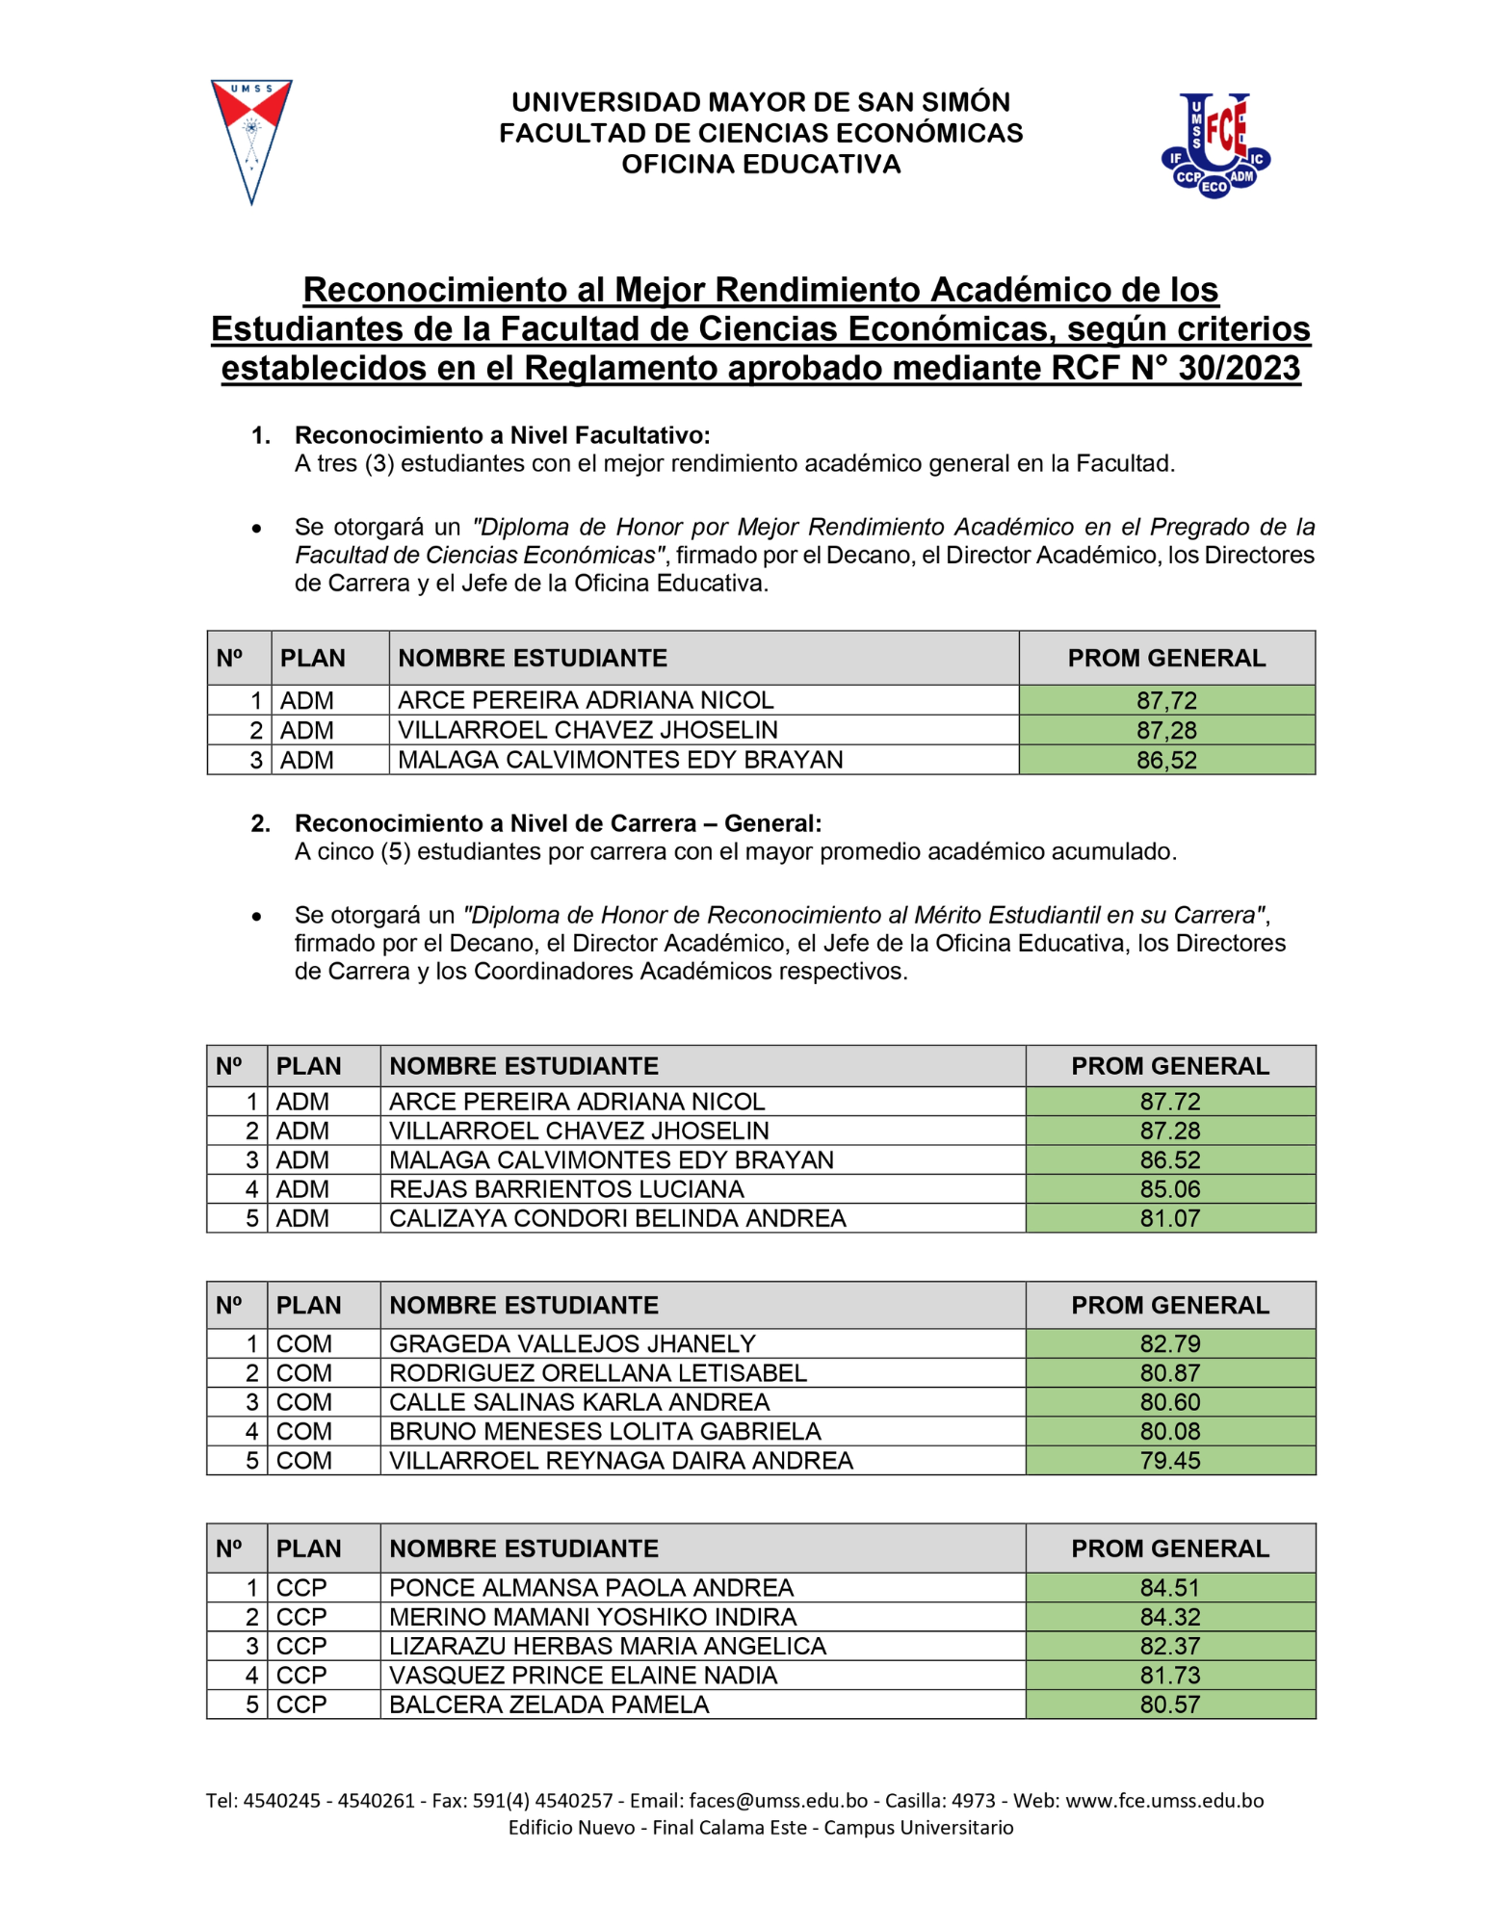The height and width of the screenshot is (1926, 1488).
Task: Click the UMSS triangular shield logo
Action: click(x=250, y=140)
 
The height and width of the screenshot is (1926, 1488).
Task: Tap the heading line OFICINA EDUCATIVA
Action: click(x=760, y=165)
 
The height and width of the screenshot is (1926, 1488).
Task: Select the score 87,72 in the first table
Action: click(x=1165, y=700)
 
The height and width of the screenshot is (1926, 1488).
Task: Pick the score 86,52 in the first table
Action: click(x=1165, y=760)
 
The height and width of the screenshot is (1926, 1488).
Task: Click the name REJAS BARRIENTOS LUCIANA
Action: click(x=566, y=1188)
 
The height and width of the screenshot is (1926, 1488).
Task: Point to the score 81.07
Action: click(x=1169, y=1217)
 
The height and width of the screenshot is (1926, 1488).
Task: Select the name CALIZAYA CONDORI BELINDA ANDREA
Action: click(x=617, y=1217)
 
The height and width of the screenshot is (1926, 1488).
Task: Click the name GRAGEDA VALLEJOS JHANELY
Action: click(x=572, y=1342)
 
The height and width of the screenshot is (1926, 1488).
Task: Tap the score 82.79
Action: click(x=1169, y=1342)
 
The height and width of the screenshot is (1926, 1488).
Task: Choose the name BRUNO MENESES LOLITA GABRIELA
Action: click(x=605, y=1430)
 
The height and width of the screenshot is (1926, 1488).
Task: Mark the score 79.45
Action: click(x=1169, y=1460)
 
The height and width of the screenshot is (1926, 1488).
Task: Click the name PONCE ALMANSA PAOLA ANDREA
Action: click(x=591, y=1586)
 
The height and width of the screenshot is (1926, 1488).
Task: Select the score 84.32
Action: click(x=1169, y=1616)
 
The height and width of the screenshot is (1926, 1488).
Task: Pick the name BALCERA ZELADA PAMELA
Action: click(x=549, y=1704)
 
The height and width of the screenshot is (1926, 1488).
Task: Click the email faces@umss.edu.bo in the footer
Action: click(x=778, y=1800)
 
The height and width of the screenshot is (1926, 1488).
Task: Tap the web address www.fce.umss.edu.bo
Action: click(x=1163, y=1800)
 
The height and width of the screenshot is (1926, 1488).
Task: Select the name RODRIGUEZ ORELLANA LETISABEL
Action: click(x=598, y=1372)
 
